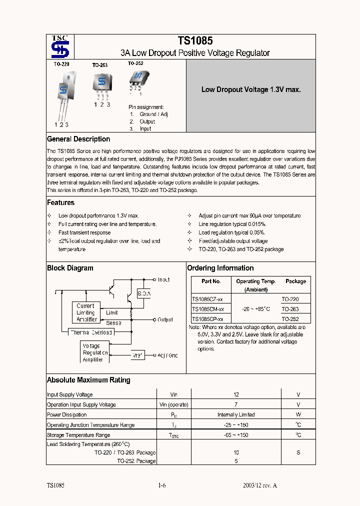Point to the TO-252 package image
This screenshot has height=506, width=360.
pyautogui.click(x=136, y=77)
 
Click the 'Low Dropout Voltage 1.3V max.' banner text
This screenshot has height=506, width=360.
pyautogui.click(x=250, y=90)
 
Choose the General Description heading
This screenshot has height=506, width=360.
pyautogui.click(x=78, y=139)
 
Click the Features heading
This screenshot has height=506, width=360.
pyautogui.click(x=60, y=203)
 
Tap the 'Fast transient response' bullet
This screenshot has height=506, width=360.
pyautogui.click(x=84, y=232)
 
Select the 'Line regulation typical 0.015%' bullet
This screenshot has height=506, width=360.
pyautogui.click(x=232, y=224)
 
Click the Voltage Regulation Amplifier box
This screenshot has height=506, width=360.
pyautogui.click(x=94, y=352)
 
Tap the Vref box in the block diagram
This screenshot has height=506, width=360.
pyautogui.click(x=138, y=355)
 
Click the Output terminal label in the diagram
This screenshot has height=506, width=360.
pyautogui.click(x=165, y=319)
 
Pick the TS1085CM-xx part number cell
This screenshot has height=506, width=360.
pyautogui.click(x=208, y=309)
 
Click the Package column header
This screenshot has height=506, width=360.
pyautogui.click(x=295, y=281)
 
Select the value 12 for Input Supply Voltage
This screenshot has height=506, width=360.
pyautogui.click(x=236, y=395)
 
